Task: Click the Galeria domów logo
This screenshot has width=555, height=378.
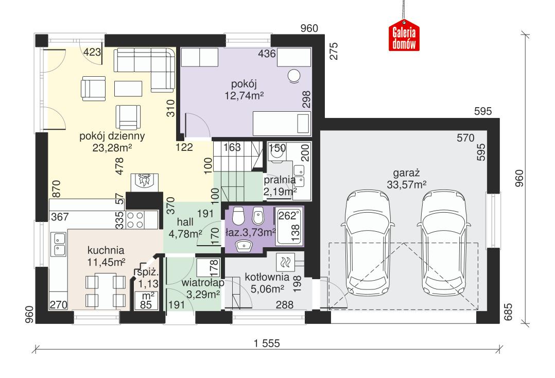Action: (404, 38)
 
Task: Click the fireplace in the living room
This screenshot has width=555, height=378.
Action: (144, 181)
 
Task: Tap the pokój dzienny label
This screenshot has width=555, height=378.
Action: (112, 136)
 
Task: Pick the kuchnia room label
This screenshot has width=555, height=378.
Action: (106, 250)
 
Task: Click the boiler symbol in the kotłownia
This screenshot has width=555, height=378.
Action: (285, 262)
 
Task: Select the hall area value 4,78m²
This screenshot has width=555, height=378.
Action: (185, 233)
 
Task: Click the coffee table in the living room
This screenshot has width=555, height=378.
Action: (128, 89)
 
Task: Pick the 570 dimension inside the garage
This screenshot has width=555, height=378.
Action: (465, 138)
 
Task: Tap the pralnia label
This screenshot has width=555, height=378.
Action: (279, 180)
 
